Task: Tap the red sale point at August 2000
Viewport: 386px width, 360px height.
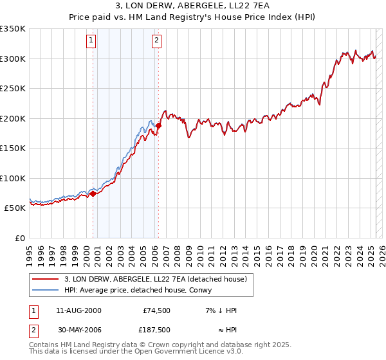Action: (x=93, y=193)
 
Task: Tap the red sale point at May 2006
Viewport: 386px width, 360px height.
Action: (x=158, y=125)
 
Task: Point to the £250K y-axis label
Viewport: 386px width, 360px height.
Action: (x=13, y=88)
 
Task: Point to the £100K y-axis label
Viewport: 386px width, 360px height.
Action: (x=13, y=178)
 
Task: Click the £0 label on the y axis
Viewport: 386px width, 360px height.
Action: (x=19, y=238)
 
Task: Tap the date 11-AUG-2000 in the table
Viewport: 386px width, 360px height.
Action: (x=78, y=310)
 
